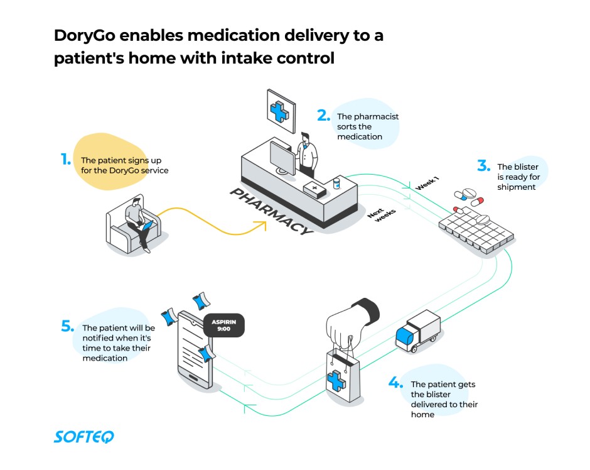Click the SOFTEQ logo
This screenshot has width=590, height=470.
click(x=83, y=437)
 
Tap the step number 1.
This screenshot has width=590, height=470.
click(x=65, y=160)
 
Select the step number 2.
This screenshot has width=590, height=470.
click(x=323, y=116)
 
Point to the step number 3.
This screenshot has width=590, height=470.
click(x=483, y=166)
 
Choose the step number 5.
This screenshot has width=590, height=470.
click(x=68, y=326)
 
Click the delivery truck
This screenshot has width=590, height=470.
click(x=417, y=331)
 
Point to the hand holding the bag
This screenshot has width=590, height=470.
click(x=351, y=322)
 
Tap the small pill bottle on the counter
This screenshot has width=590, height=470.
click(x=336, y=183)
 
